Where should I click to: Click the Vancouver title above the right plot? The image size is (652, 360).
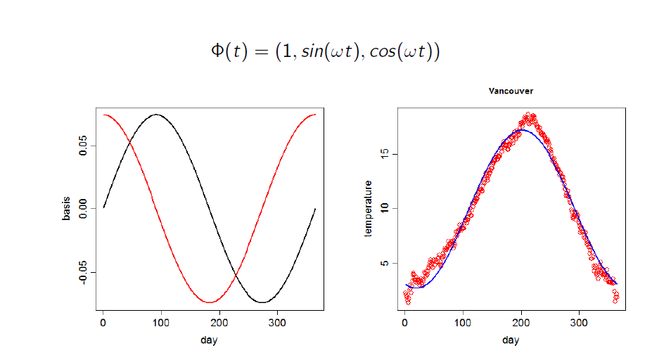pyautogui.click(x=511, y=91)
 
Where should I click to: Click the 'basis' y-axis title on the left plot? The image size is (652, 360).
pyautogui.click(x=66, y=208)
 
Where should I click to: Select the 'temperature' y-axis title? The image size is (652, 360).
pyautogui.click(x=367, y=208)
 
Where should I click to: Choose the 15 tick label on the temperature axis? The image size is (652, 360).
pyautogui.click(x=385, y=153)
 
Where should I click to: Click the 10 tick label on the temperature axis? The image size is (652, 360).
pyautogui.click(x=385, y=208)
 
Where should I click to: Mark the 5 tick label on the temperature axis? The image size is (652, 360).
pyautogui.click(x=385, y=264)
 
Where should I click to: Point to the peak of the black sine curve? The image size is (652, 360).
pyautogui.click(x=156, y=114)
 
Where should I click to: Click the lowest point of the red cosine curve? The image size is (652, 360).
pyautogui.click(x=209, y=302)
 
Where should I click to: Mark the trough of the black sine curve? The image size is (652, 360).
pyautogui.click(x=262, y=302)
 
